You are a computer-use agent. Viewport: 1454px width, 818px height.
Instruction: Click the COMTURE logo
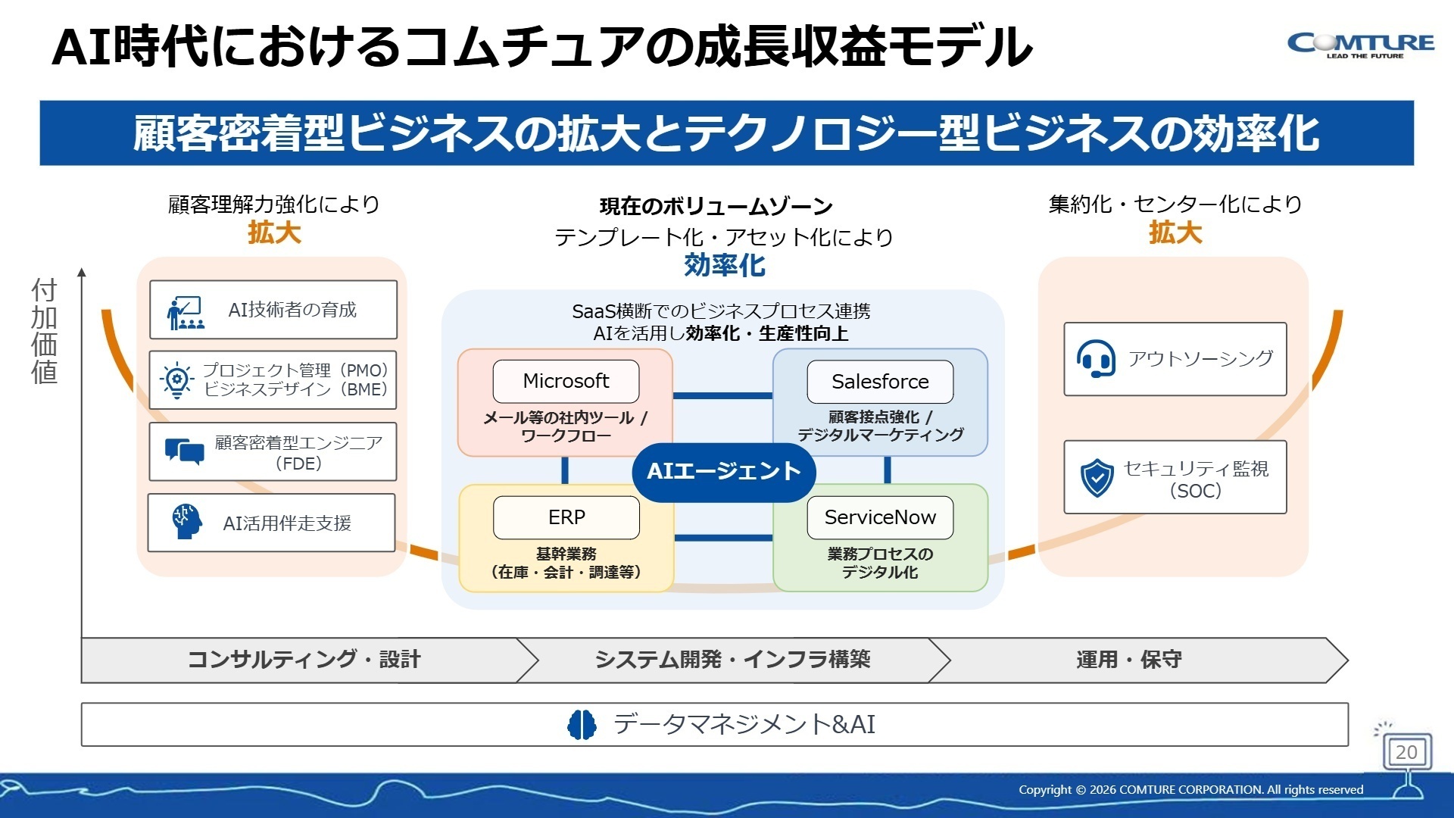[1360, 45]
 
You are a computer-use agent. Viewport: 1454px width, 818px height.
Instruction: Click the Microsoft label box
[566, 381]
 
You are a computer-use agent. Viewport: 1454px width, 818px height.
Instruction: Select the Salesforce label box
[880, 382]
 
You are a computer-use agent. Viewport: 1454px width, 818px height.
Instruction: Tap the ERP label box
[566, 517]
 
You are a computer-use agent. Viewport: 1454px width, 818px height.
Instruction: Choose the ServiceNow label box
[880, 517]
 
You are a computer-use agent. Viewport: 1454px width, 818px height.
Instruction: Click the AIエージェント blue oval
[723, 472]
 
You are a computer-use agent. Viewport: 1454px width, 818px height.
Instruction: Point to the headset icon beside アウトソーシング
[1095, 359]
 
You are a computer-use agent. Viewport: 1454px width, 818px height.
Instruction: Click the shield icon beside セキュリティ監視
[1097, 478]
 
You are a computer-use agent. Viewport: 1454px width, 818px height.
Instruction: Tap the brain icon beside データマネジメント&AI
[582, 725]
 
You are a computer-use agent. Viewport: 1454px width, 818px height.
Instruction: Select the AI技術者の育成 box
[273, 310]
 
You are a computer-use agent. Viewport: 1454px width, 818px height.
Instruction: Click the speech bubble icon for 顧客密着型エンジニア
[184, 452]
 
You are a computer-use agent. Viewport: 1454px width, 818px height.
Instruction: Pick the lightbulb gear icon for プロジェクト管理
[176, 380]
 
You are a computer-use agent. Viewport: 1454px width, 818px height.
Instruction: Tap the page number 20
[1406, 752]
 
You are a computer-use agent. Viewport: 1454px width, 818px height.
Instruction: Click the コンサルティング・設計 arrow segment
[303, 660]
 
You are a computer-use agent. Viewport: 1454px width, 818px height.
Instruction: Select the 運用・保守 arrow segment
[1128, 660]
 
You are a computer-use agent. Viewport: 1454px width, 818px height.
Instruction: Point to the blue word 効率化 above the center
[724, 266]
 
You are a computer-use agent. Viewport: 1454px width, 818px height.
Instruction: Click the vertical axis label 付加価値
[45, 331]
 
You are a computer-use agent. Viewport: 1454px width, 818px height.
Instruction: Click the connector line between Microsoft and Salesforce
[722, 395]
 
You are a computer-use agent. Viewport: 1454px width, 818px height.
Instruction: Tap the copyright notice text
[1190, 790]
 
